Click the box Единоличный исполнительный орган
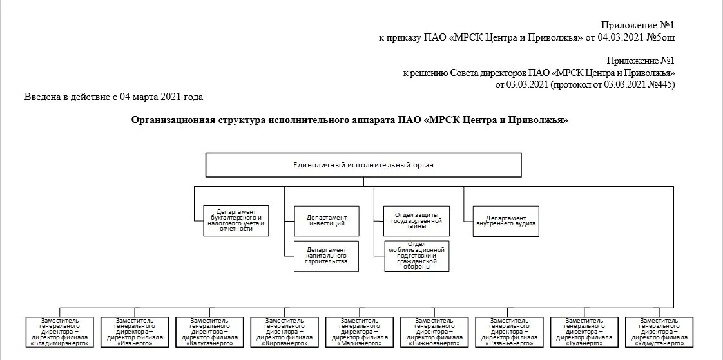[x=363, y=165]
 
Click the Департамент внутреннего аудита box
[x=506, y=221]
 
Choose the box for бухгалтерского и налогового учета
[x=235, y=221]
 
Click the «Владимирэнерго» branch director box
[x=60, y=332]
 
